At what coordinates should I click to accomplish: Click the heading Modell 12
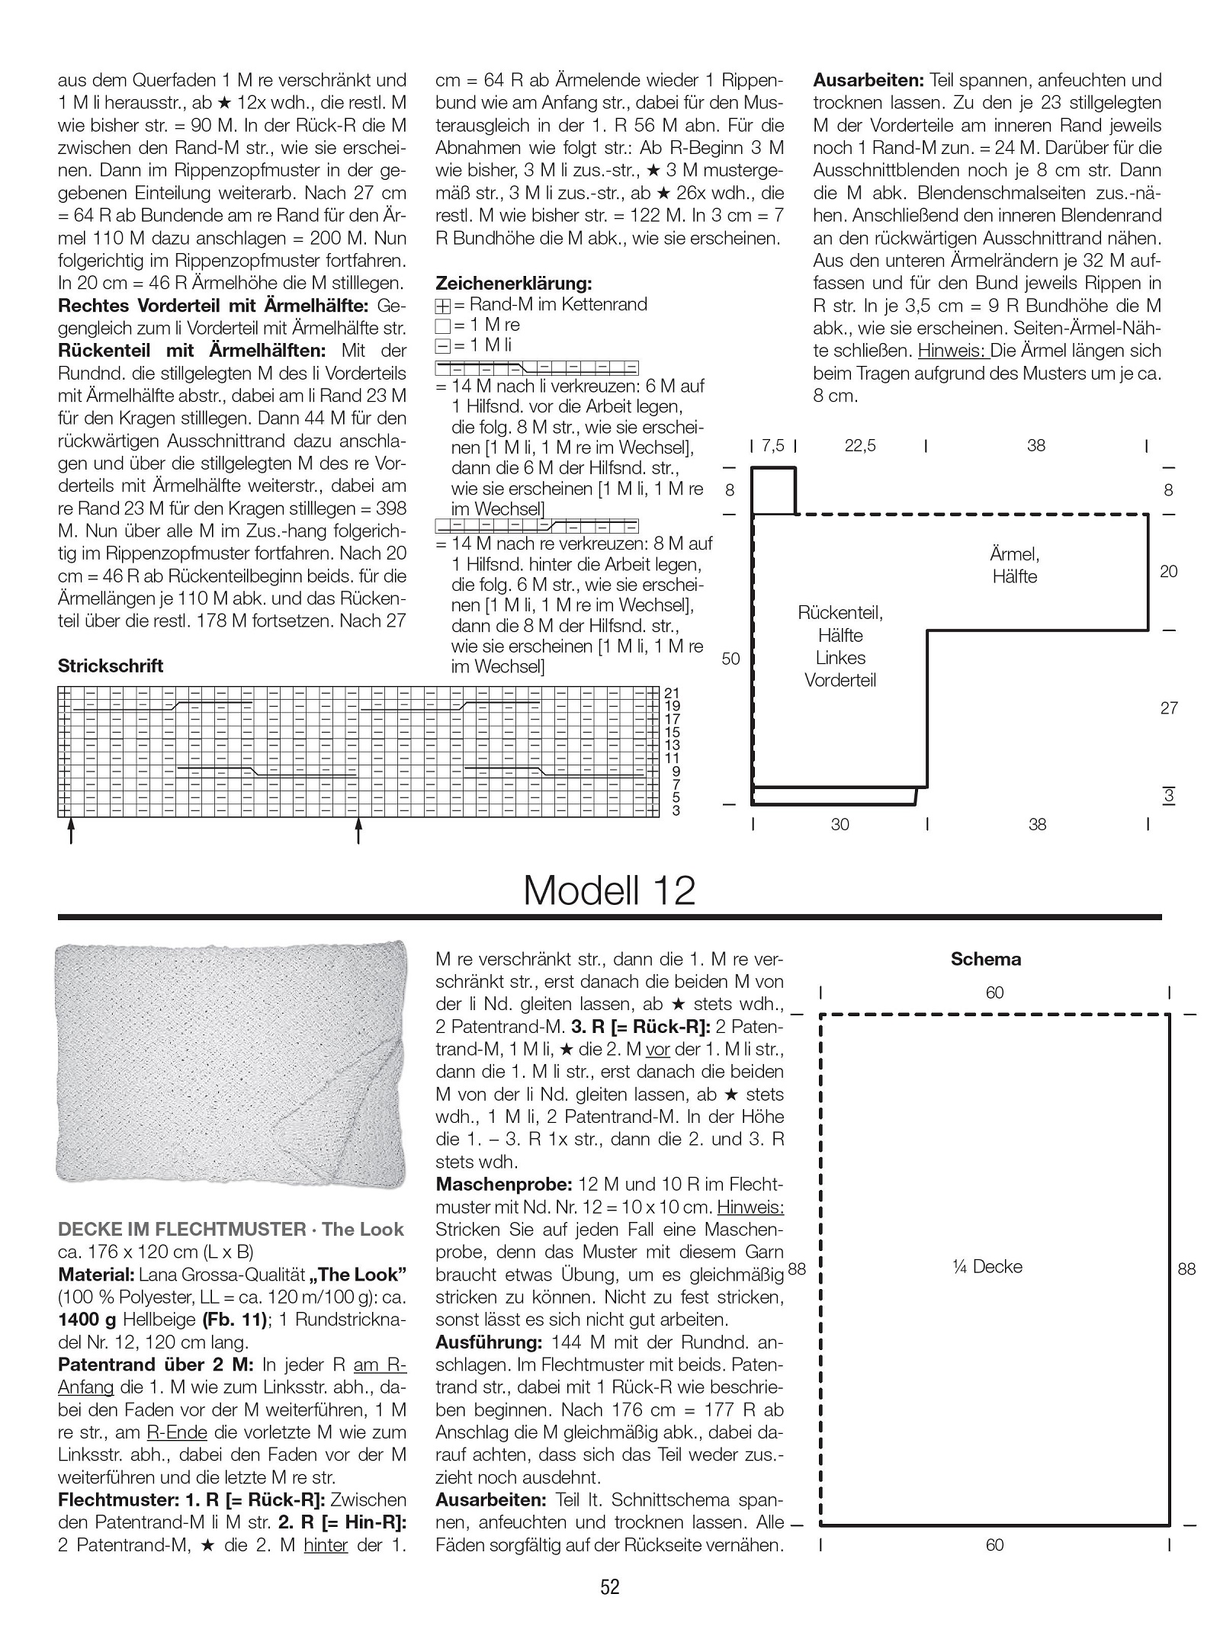(x=609, y=890)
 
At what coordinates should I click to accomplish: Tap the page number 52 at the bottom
(x=610, y=1587)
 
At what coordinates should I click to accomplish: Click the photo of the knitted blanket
(x=232, y=1064)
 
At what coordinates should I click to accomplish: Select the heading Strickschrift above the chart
(x=111, y=665)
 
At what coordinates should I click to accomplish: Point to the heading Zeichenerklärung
(x=513, y=284)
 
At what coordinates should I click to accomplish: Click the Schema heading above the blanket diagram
(x=985, y=959)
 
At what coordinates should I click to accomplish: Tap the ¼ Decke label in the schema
(x=987, y=1267)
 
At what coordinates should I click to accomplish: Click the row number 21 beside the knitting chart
(x=672, y=693)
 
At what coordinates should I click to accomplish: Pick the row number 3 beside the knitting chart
(x=676, y=810)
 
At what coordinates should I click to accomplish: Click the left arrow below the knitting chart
(x=71, y=831)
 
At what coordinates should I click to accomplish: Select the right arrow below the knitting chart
(x=358, y=831)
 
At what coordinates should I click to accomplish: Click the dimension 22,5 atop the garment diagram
(x=860, y=446)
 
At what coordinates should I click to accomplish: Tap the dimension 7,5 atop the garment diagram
(x=772, y=446)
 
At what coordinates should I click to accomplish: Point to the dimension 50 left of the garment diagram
(x=730, y=659)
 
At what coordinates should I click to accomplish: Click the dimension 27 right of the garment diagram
(x=1169, y=708)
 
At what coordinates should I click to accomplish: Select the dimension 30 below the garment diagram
(x=840, y=824)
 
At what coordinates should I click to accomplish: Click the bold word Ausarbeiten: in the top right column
(x=868, y=80)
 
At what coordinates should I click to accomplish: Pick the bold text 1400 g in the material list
(x=87, y=1320)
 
